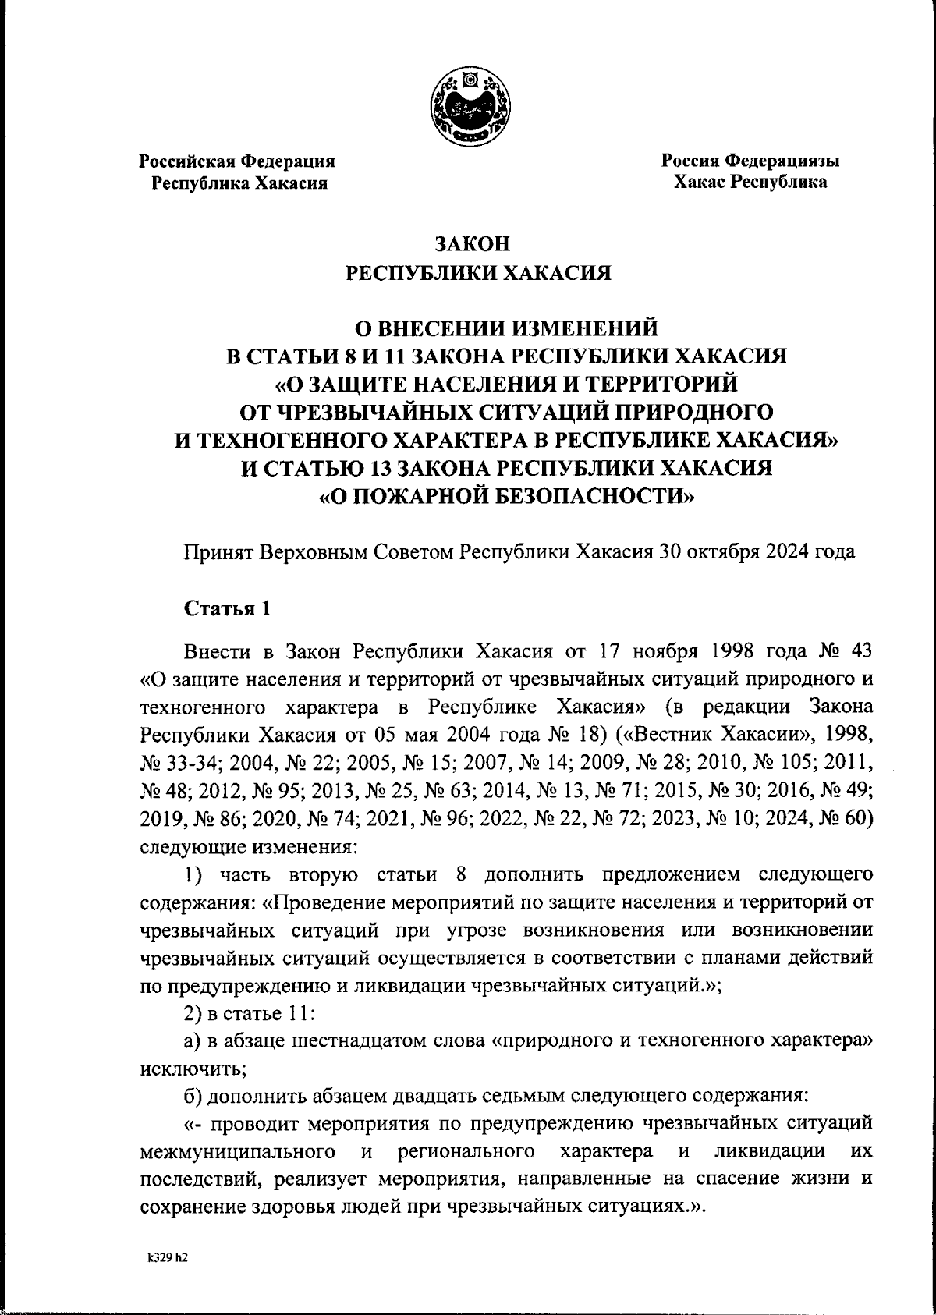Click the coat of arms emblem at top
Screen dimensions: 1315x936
coord(471,106)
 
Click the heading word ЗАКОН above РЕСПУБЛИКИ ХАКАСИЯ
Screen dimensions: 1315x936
coord(472,244)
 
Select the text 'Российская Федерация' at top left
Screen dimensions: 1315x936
coord(237,161)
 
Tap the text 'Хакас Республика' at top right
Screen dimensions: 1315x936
coord(750,183)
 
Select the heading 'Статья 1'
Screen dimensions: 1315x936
coord(227,609)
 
